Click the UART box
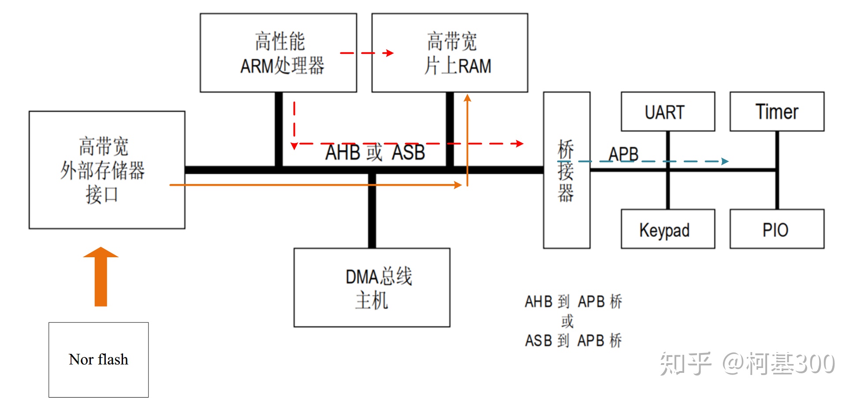click(667, 112)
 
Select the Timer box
click(777, 112)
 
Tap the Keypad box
click(667, 229)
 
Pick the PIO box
click(777, 229)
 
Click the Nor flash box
click(98, 360)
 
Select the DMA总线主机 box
click(372, 288)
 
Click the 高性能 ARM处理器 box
click(278, 53)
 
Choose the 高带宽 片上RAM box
click(450, 53)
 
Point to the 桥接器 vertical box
click(566, 170)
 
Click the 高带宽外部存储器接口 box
click(107, 170)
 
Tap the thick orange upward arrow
click(101, 277)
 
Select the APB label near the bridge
click(623, 154)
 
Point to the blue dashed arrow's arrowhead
click(725, 161)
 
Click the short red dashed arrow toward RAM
click(367, 53)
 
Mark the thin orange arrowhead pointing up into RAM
click(467, 98)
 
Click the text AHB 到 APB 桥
click(573, 302)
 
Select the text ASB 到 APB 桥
click(573, 341)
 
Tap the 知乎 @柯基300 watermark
click(747, 364)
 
